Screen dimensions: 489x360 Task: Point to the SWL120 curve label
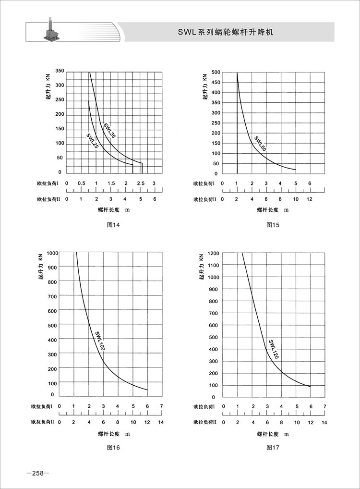[273, 350]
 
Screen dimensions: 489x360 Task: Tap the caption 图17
[273, 447]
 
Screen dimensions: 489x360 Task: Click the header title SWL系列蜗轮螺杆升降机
[225, 32]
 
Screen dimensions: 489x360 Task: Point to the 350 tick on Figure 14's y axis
[60, 71]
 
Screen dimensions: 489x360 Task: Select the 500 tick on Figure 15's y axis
[215, 72]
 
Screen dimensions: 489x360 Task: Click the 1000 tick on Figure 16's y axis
[53, 253]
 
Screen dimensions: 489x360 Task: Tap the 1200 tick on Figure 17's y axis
[214, 253]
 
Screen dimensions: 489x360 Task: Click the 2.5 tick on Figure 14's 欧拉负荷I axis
[141, 183]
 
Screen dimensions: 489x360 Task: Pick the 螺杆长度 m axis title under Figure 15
[273, 209]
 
